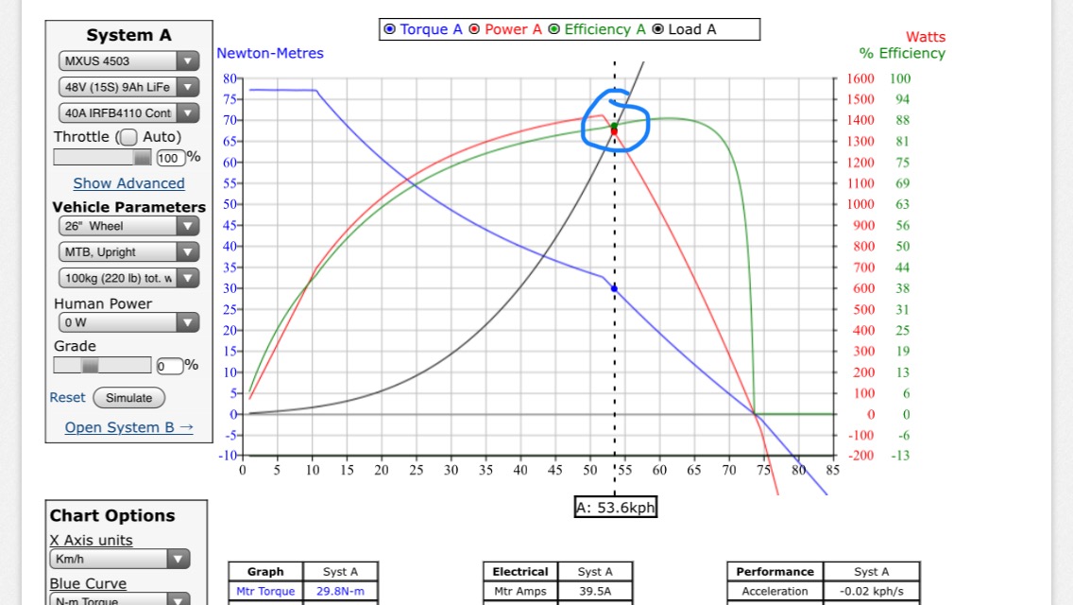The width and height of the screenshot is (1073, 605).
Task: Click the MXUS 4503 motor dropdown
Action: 128,61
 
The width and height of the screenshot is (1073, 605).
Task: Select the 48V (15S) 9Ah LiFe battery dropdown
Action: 128,87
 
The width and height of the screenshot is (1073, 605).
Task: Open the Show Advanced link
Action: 128,183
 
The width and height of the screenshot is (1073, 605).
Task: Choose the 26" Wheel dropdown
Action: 128,226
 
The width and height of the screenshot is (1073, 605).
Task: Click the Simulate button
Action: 128,398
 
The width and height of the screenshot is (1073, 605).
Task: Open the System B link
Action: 128,427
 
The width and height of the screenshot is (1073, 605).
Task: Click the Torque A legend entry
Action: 423,29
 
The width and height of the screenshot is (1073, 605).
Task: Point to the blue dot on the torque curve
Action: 614,288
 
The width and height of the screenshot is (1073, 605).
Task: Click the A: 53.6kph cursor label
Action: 615,508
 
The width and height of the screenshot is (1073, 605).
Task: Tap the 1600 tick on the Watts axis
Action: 860,78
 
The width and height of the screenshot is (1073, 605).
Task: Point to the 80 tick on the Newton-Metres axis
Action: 230,78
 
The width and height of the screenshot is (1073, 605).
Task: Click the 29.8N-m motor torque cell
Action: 340,592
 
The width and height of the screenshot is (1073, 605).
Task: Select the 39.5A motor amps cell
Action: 595,592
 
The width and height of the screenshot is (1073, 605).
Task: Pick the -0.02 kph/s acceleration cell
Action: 871,592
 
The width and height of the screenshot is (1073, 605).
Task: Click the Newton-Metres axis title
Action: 270,53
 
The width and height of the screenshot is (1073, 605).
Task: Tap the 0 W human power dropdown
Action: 128,322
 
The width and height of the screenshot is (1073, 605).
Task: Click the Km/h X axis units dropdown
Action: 119,560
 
